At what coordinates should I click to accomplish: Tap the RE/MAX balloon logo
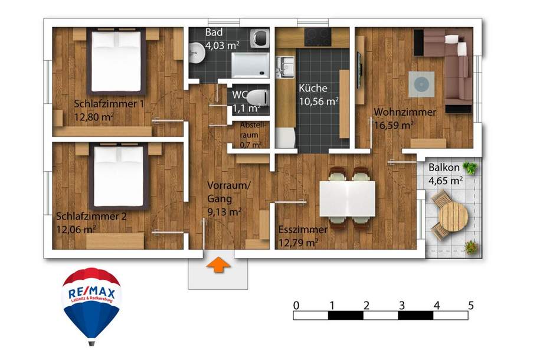[x=91, y=301]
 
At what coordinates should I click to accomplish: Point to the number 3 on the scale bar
[x=401, y=306]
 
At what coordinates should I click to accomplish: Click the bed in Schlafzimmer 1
[x=116, y=62]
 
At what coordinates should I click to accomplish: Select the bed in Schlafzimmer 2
[x=119, y=177]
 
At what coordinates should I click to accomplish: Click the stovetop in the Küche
[x=318, y=37]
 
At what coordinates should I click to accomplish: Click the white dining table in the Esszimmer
[x=347, y=198]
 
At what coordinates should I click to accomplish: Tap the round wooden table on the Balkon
[x=453, y=217]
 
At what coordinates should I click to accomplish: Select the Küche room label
[x=313, y=89]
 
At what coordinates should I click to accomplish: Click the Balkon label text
[x=445, y=168]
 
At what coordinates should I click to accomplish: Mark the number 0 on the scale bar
[x=296, y=306]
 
